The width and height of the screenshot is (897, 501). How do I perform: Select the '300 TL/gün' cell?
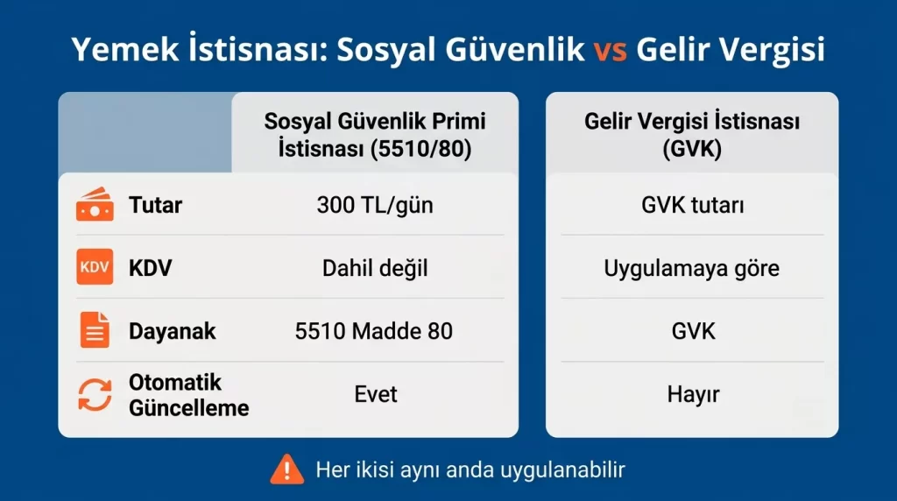[375, 206]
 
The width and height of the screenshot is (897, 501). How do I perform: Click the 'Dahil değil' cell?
[375, 267]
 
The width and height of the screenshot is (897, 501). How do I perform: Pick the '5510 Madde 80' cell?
[374, 331]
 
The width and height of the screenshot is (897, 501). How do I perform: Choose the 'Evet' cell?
[375, 394]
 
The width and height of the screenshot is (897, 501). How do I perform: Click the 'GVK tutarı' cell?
[692, 206]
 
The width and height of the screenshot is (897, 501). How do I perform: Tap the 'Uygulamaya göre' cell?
[692, 267]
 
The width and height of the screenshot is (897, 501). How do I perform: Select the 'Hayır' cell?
[692, 394]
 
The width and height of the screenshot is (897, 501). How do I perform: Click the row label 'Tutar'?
[155, 206]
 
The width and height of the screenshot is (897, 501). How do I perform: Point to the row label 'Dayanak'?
[172, 331]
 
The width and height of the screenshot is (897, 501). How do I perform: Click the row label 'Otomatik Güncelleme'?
[188, 395]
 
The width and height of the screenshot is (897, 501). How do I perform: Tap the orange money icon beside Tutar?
[95, 206]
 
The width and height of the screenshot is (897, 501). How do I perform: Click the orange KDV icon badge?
[95, 267]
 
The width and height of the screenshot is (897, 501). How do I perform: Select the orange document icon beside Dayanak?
[95, 331]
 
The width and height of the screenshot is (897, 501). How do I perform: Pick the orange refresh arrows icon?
[95, 394]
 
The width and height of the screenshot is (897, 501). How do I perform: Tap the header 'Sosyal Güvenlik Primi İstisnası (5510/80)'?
[374, 134]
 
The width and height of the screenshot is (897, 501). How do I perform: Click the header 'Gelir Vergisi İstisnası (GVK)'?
[692, 134]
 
